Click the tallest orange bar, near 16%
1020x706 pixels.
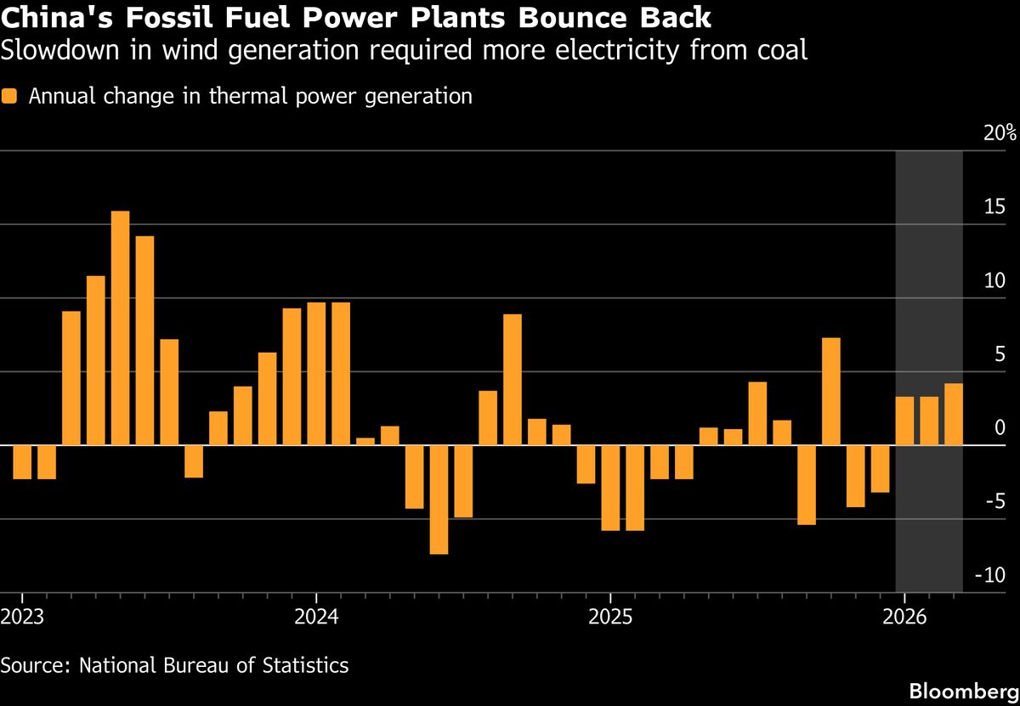coord(121,327)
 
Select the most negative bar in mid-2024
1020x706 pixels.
coord(439,500)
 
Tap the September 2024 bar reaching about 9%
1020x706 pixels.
coord(512,379)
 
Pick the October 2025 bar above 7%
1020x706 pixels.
coord(831,391)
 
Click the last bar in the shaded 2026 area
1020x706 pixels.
coord(954,414)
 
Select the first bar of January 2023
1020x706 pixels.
coord(22,462)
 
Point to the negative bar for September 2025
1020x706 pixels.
coord(807,484)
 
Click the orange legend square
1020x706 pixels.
coord(10,97)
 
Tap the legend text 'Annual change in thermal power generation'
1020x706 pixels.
coord(250,96)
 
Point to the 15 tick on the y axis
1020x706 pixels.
coord(994,206)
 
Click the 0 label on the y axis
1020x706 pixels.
coord(1000,427)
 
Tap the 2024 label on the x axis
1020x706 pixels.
coord(315,614)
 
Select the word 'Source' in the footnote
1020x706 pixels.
coord(32,664)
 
